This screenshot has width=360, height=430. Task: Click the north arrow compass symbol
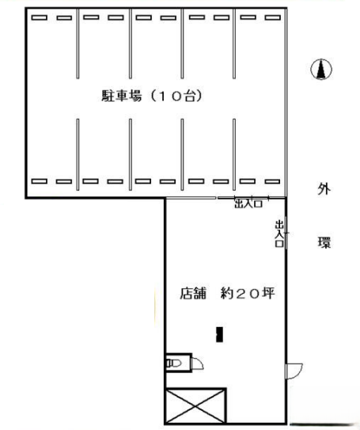tap(321, 70)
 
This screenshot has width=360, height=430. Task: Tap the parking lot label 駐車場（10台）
tap(152, 96)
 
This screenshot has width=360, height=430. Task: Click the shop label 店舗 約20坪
tap(227, 293)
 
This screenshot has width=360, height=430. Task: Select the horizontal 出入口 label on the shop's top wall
tap(248, 204)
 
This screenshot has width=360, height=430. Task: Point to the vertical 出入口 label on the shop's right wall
tap(279, 234)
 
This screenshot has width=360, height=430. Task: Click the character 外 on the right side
tap(324, 189)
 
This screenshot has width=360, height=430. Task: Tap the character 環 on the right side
tap(324, 242)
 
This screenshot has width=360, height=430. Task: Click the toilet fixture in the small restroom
tap(174, 363)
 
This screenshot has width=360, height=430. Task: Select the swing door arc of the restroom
tap(198, 363)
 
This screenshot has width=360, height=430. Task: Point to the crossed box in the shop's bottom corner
tap(195, 406)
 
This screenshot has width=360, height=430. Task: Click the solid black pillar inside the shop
tap(219, 334)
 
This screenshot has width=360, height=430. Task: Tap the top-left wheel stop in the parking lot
tap(40, 18)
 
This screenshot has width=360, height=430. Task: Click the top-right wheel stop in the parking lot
tap(273, 17)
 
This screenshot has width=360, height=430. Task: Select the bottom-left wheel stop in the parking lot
tap(40, 181)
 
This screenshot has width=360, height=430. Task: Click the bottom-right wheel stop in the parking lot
tap(273, 181)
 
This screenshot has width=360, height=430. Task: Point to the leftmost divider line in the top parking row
tap(78, 44)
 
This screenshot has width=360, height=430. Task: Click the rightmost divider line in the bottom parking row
tap(234, 154)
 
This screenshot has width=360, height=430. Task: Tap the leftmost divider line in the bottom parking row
tap(78, 154)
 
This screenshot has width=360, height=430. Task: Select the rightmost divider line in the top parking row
tap(234, 44)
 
